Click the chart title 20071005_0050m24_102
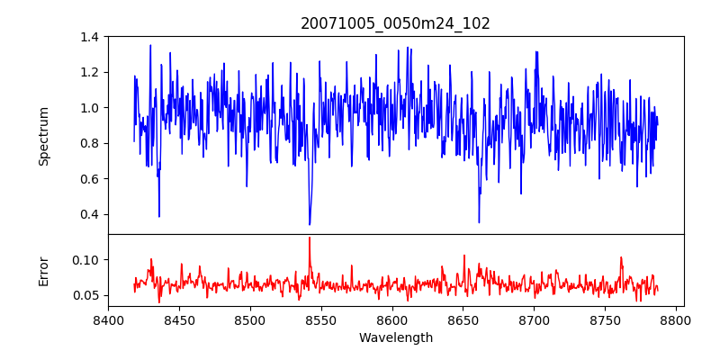coord(395,23)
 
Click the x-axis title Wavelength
coord(395,338)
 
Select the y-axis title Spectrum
coord(44,136)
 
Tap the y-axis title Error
coord(44,271)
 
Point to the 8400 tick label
coord(108,320)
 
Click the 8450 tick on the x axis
coord(179,320)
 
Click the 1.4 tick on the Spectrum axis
coord(90,37)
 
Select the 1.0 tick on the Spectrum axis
coord(90,108)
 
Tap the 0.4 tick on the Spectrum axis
coord(90,214)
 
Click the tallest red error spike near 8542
coord(310,238)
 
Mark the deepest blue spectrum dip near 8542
coord(310,224)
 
